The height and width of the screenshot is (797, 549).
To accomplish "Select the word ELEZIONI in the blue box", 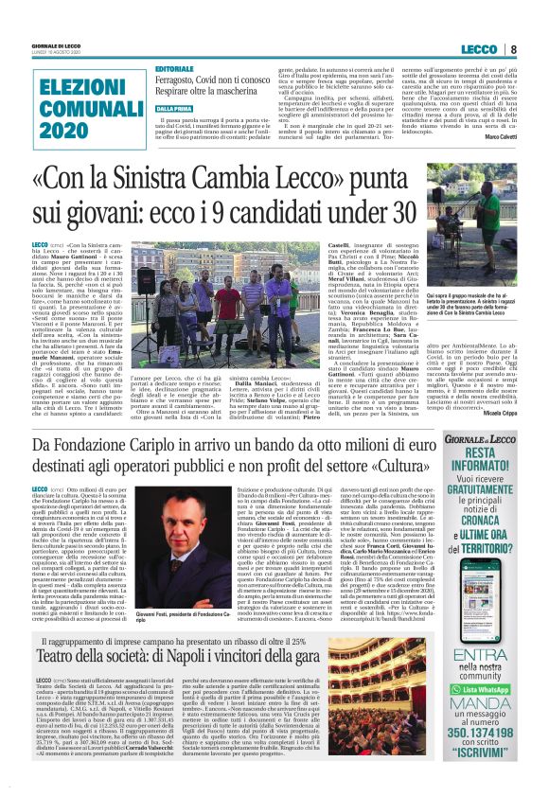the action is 55,83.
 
